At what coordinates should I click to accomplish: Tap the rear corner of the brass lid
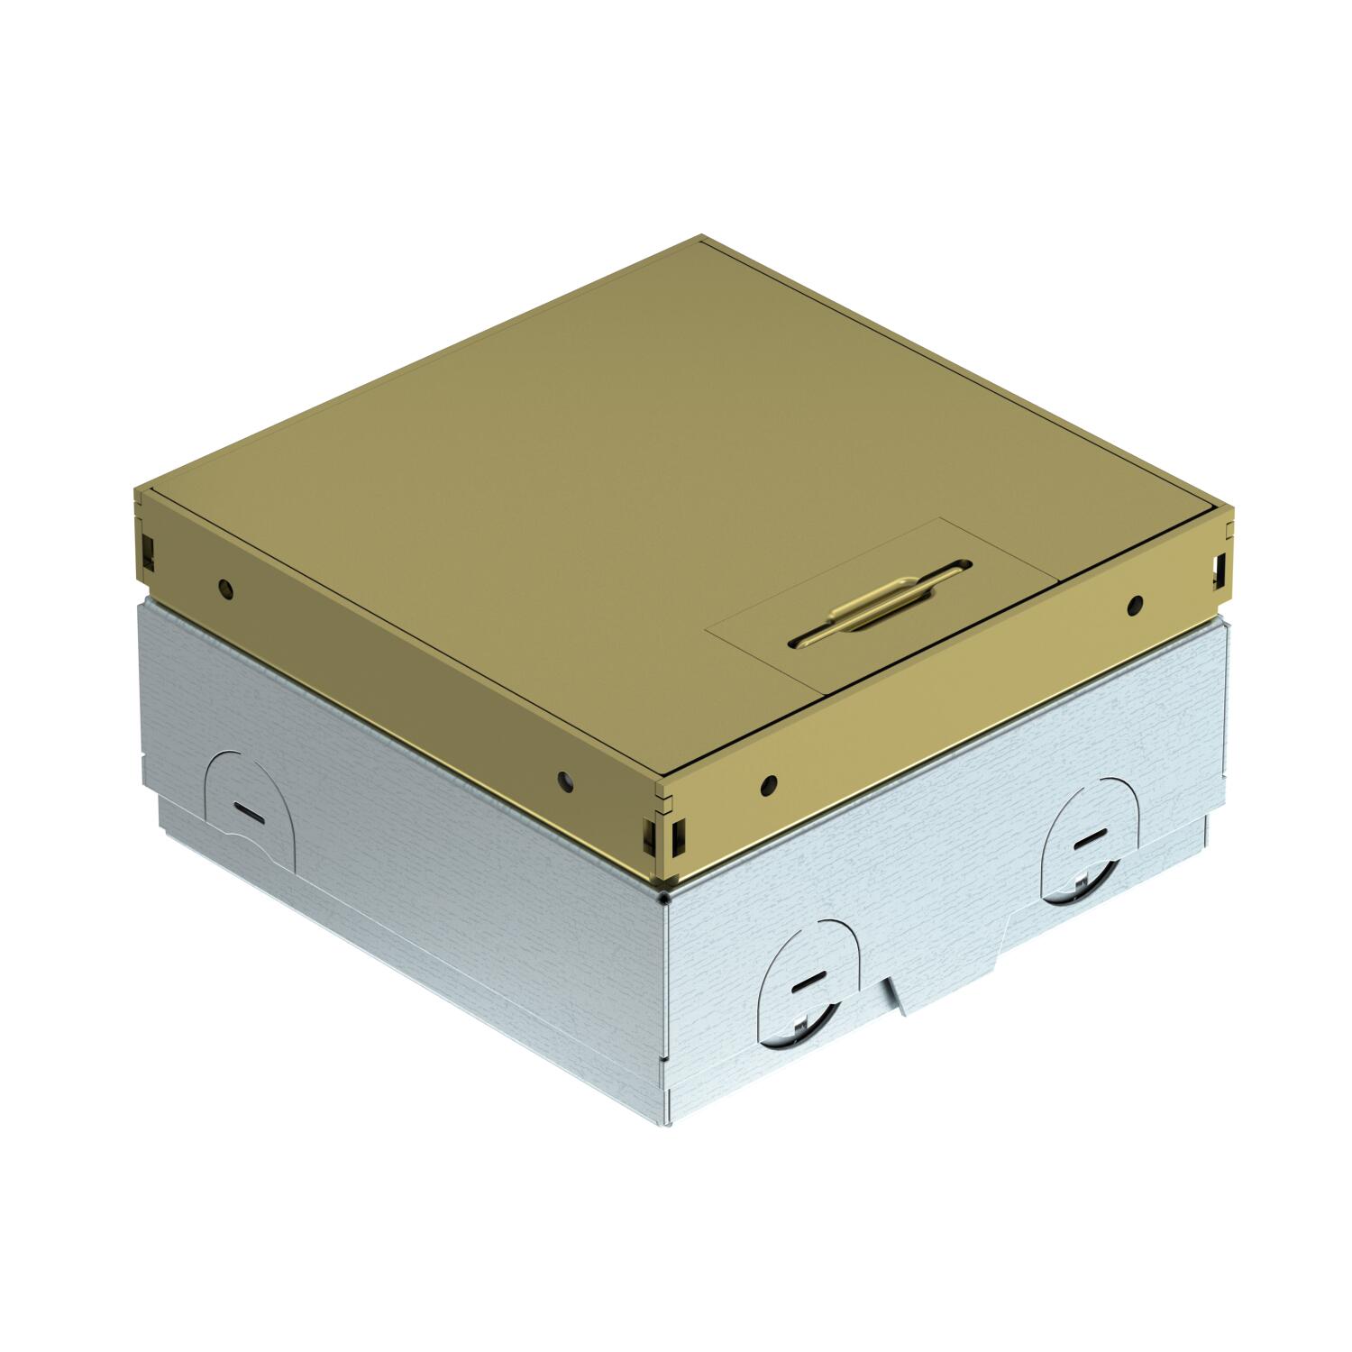701,238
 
